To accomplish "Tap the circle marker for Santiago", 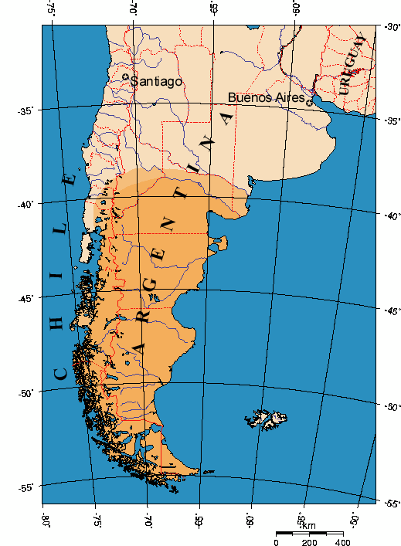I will coord(126,77).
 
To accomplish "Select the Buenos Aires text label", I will coord(266,98).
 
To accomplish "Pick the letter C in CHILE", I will coord(60,374).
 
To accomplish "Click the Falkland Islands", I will coord(267,419).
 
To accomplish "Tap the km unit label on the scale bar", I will coord(308,526).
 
